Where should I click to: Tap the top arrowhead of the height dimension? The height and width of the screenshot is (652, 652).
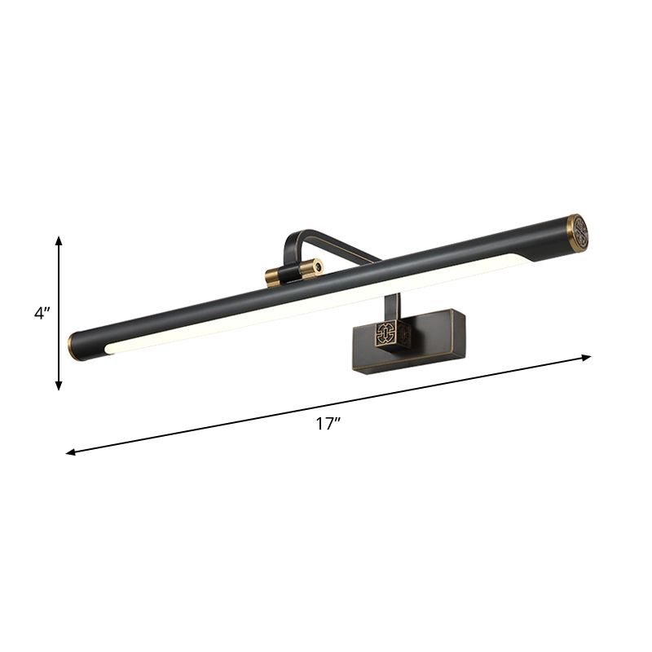pyautogui.click(x=59, y=241)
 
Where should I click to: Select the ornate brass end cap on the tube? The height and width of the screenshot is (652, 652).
pyautogui.click(x=577, y=231)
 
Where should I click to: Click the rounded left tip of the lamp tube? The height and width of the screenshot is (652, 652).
pyautogui.click(x=74, y=346)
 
